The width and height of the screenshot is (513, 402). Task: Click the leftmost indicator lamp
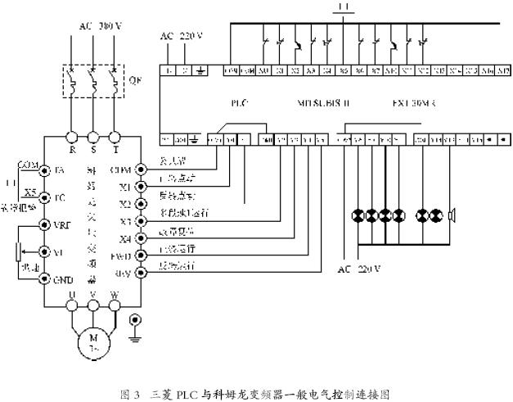(357, 215)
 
